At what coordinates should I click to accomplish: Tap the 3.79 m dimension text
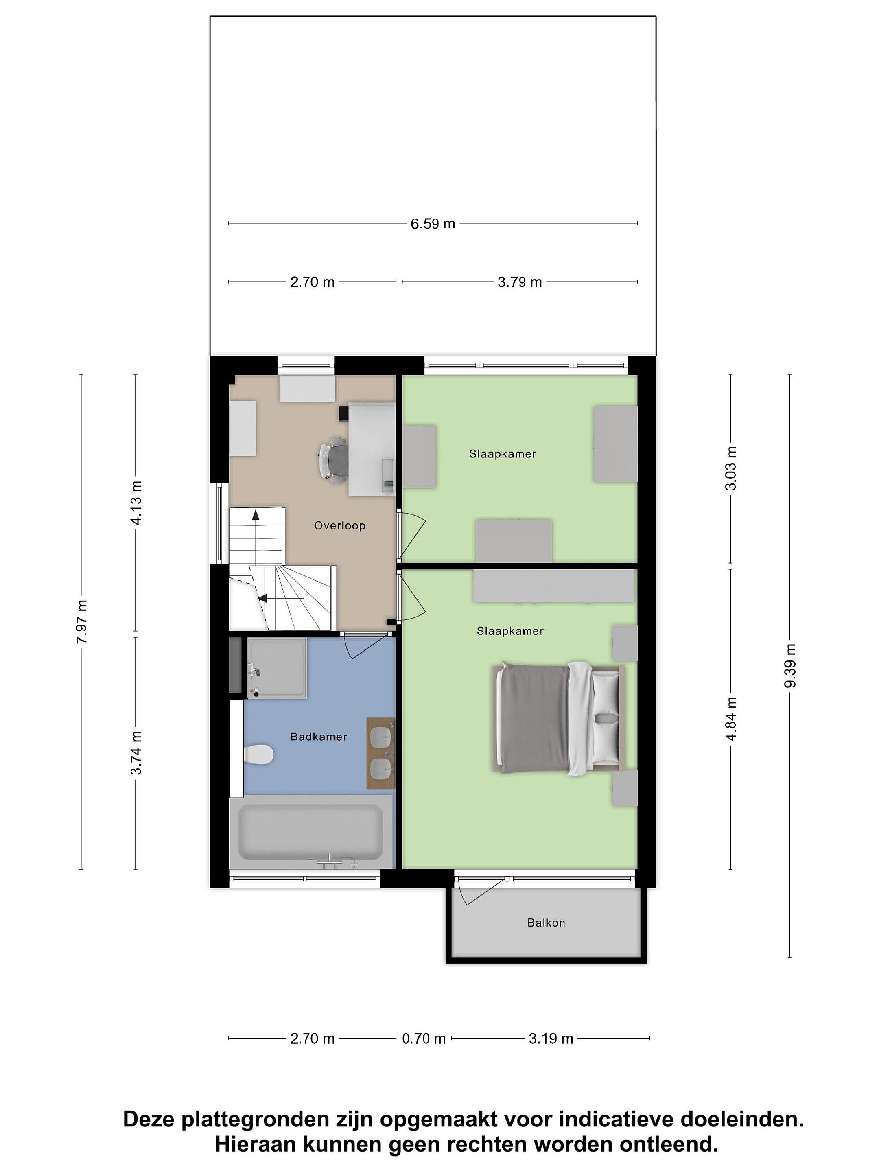(519, 282)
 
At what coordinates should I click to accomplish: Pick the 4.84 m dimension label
(731, 719)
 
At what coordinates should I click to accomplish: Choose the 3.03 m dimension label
(731, 468)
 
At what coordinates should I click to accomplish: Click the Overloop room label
(340, 526)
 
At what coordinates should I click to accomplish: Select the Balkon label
(546, 923)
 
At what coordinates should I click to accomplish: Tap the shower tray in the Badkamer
(277, 668)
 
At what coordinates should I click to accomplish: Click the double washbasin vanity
(380, 754)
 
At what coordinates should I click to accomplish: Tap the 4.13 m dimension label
(136, 502)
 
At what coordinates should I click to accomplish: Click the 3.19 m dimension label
(551, 1039)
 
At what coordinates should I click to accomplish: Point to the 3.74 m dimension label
(136, 752)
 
